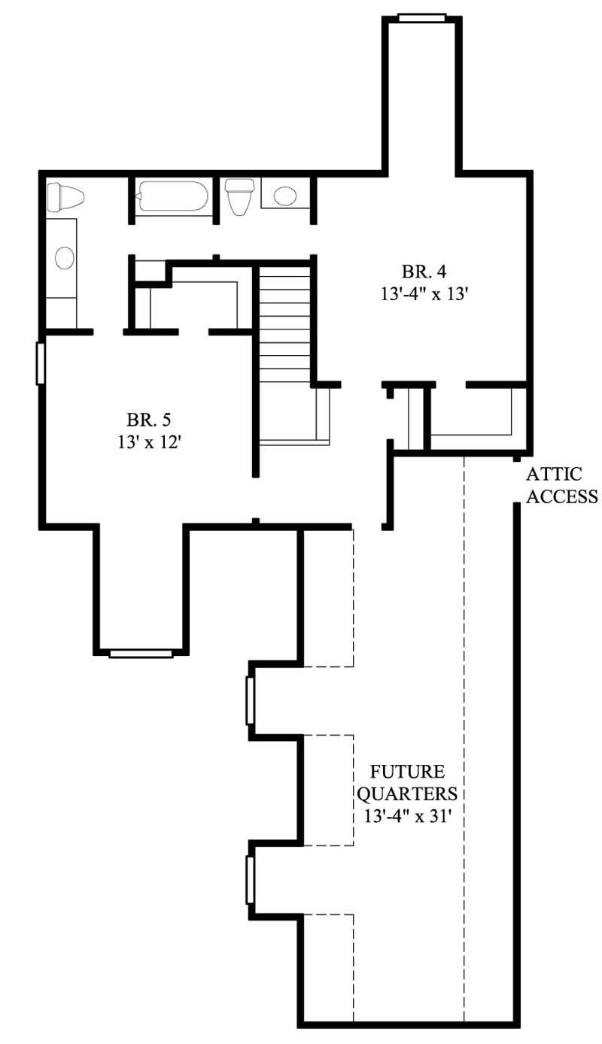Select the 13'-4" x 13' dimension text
(425, 295)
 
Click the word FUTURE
(406, 772)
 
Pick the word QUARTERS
(406, 794)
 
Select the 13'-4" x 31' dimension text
(406, 816)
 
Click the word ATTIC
(554, 475)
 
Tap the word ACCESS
(561, 497)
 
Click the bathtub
(172, 196)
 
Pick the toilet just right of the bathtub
(240, 196)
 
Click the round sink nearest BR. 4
(285, 196)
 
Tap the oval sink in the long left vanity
(65, 258)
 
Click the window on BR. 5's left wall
(41, 363)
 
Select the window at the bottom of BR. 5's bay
(141, 653)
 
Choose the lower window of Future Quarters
(250, 879)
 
